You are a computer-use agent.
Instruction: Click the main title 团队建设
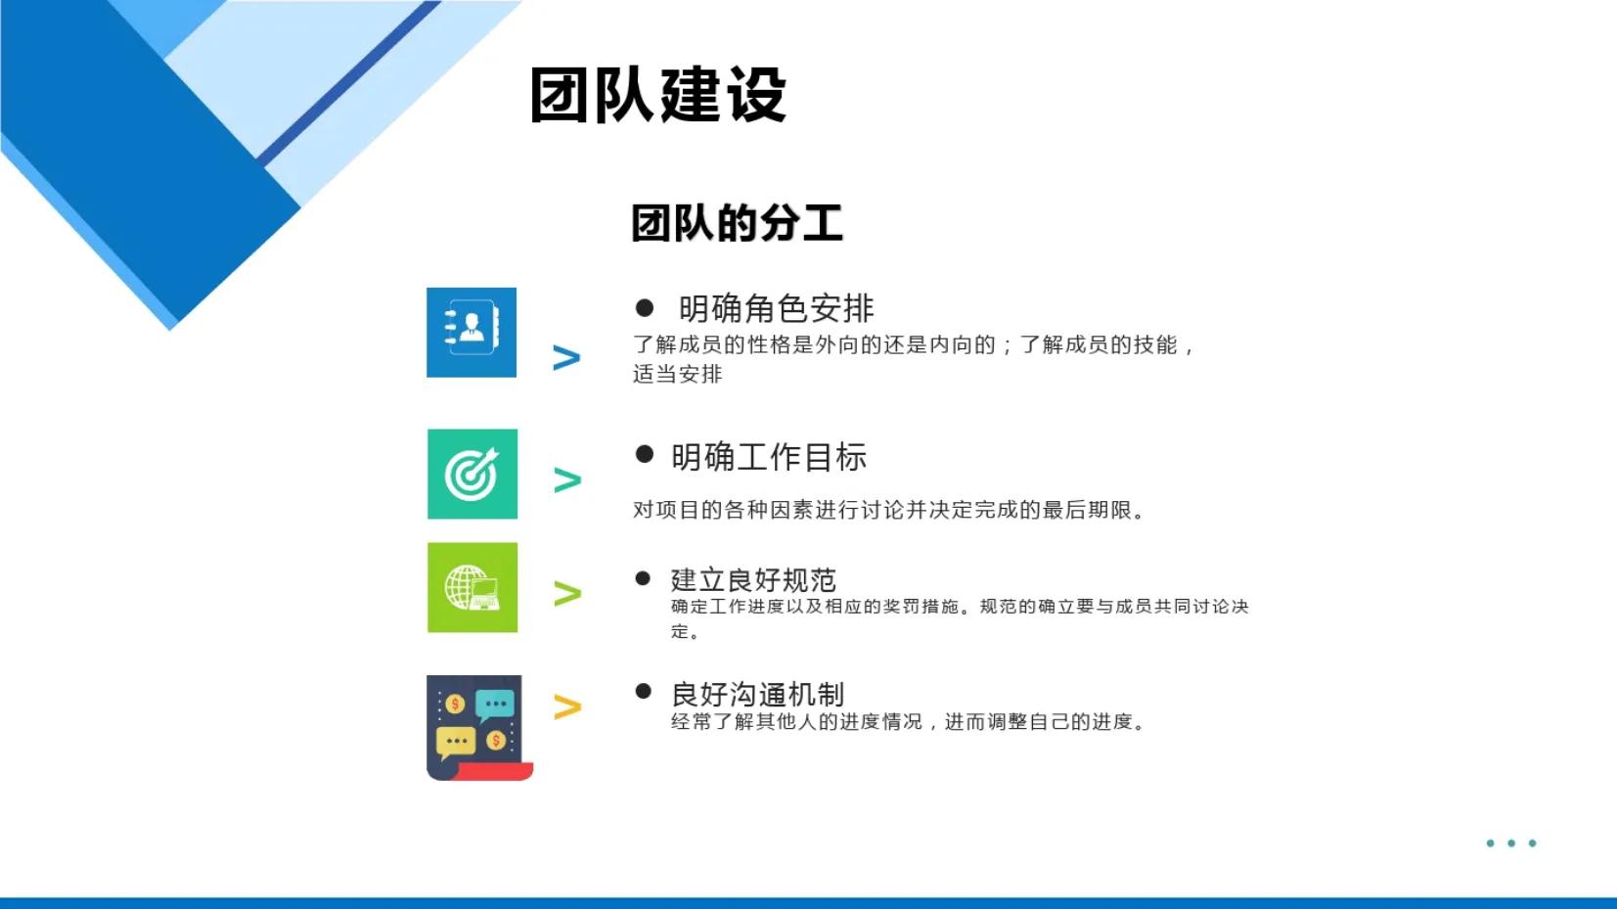point(657,95)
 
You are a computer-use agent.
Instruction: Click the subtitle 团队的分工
point(737,223)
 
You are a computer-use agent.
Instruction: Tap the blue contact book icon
point(472,333)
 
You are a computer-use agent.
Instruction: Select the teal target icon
point(472,475)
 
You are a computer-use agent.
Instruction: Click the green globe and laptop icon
point(472,588)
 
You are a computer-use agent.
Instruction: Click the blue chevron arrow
point(566,358)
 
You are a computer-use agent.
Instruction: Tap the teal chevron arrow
point(567,480)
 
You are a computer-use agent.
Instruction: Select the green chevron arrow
point(567,594)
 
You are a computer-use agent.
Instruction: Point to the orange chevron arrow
point(567,707)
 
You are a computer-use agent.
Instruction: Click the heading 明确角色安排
point(776,309)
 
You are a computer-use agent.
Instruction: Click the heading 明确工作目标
point(769,457)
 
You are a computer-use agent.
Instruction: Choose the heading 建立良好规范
point(753,580)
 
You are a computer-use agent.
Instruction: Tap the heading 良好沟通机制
point(757,695)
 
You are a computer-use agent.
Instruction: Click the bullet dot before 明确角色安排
point(645,308)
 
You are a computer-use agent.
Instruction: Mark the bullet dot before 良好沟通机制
point(643,692)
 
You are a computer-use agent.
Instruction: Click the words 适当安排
point(677,374)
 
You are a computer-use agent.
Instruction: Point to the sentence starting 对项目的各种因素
point(888,510)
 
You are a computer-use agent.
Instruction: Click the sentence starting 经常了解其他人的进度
point(908,722)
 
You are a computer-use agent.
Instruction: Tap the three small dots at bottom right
point(1511,843)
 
